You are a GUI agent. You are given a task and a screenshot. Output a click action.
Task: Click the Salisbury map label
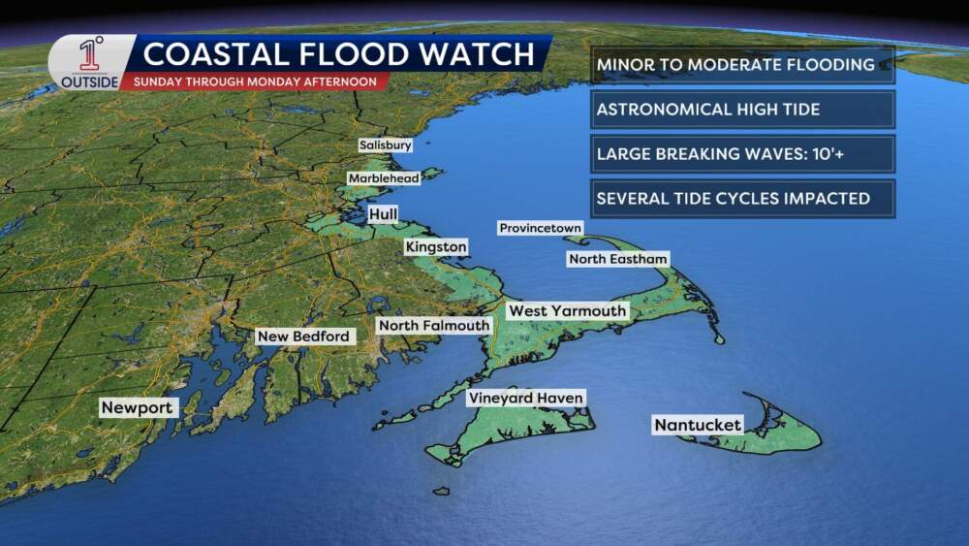click(x=385, y=145)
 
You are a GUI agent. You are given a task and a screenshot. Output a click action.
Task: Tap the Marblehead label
click(x=384, y=178)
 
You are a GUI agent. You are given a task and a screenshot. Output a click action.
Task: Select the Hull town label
click(x=383, y=213)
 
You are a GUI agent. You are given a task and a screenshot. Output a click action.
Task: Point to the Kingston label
click(x=436, y=247)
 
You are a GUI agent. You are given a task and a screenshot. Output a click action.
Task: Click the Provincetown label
click(x=540, y=228)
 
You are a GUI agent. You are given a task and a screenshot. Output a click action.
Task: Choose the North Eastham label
click(x=618, y=259)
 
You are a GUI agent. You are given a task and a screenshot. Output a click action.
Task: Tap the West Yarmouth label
click(x=568, y=310)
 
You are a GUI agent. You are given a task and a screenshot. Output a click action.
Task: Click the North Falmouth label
click(x=433, y=326)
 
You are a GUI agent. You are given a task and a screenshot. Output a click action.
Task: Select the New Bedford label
click(x=302, y=337)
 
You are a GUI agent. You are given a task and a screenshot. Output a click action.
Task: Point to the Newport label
click(x=137, y=408)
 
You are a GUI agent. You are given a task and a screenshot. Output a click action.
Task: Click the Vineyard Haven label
click(x=525, y=398)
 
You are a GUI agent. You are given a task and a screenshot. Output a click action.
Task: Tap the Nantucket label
click(x=698, y=425)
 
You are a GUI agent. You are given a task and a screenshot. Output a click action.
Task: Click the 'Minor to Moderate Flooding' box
click(x=741, y=66)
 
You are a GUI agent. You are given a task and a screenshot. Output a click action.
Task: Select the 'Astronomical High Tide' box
click(x=741, y=110)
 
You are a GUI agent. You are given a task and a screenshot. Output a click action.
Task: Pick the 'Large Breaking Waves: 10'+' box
click(x=741, y=154)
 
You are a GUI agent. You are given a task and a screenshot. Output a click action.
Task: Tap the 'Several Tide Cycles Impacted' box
click(x=741, y=199)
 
